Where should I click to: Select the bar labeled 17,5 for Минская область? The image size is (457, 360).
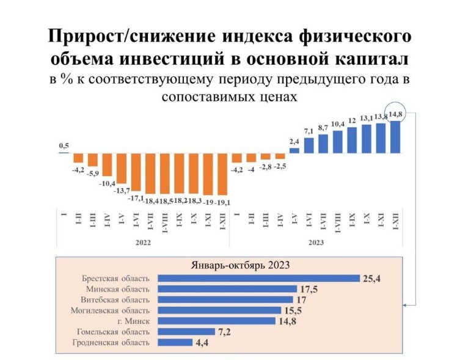[x=227, y=289]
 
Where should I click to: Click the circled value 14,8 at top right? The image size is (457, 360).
[x=396, y=113]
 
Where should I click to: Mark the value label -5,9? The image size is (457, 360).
[x=93, y=174]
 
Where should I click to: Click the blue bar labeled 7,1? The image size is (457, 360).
[x=309, y=145]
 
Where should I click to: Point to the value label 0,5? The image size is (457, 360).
[x=64, y=145]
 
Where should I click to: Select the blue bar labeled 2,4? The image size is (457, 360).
[x=294, y=150]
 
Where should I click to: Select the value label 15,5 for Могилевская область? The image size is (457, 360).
[x=293, y=310]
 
